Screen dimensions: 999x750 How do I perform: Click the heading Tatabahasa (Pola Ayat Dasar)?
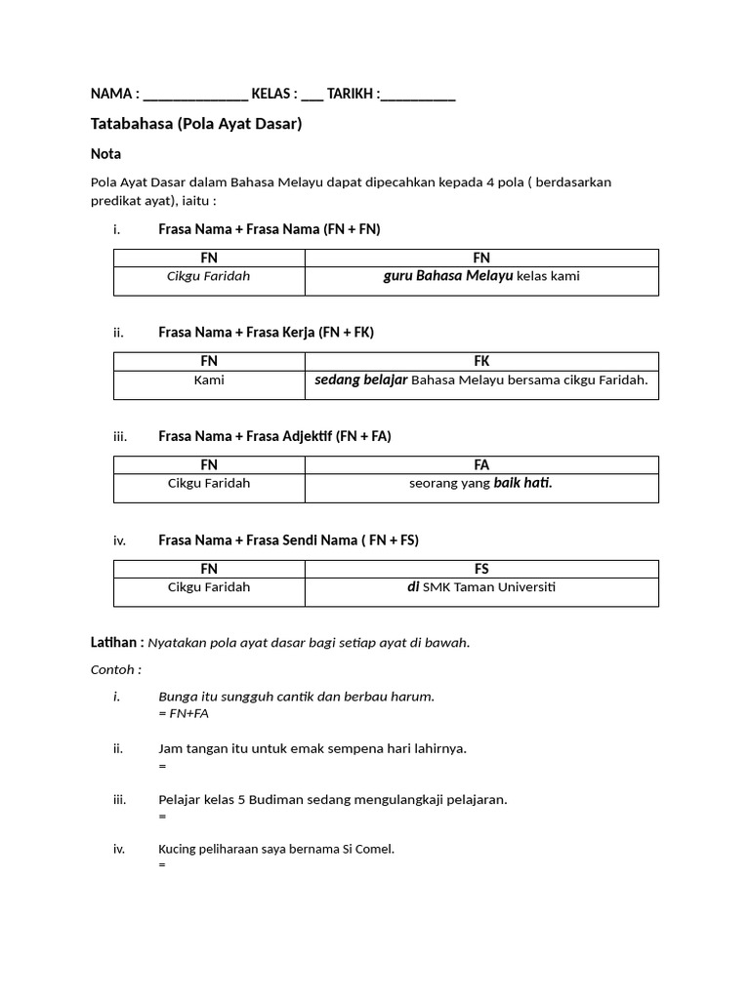(x=196, y=124)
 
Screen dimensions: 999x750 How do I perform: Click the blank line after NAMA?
(x=195, y=96)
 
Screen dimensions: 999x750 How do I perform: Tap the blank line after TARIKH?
(x=418, y=96)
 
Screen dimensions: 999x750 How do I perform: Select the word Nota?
(x=105, y=154)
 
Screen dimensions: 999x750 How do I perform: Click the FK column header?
(x=481, y=361)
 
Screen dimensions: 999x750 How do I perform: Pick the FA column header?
(x=481, y=465)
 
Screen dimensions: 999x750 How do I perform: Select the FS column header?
(x=481, y=569)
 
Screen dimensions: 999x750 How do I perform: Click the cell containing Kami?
(x=209, y=380)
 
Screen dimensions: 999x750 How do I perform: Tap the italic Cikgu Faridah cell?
(x=209, y=276)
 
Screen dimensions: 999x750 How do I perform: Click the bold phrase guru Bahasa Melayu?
(x=447, y=276)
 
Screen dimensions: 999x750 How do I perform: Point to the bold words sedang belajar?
(x=360, y=380)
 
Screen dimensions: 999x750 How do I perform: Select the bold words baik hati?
(x=522, y=483)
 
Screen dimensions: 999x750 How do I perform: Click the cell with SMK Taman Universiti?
(x=481, y=587)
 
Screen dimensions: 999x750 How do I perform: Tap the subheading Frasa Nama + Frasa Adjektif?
(x=274, y=436)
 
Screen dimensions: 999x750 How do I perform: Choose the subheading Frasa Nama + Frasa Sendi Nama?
(x=288, y=539)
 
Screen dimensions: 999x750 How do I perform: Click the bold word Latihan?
(x=116, y=642)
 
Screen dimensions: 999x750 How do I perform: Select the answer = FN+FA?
(x=184, y=714)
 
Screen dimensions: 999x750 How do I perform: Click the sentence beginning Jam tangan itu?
(x=312, y=748)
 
